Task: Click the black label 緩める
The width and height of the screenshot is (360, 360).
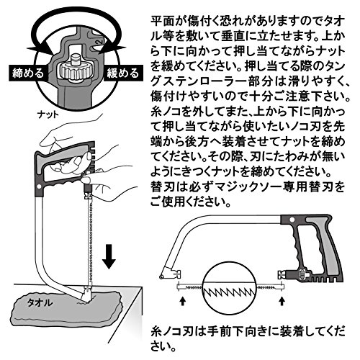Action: coord(123,73)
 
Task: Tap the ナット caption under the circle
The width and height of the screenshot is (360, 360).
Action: coord(48,114)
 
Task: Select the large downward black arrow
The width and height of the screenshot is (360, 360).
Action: coord(109,256)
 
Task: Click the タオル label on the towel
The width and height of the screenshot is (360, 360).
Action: coord(40,302)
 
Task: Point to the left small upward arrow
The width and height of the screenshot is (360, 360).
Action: coord(182,301)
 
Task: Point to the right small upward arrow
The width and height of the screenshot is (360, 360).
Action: coord(282,301)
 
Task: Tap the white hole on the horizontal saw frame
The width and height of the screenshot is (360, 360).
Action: coord(292,220)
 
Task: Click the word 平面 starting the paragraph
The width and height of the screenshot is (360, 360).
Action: coord(161,22)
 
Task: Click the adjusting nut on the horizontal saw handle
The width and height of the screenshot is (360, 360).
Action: coord(302,274)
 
